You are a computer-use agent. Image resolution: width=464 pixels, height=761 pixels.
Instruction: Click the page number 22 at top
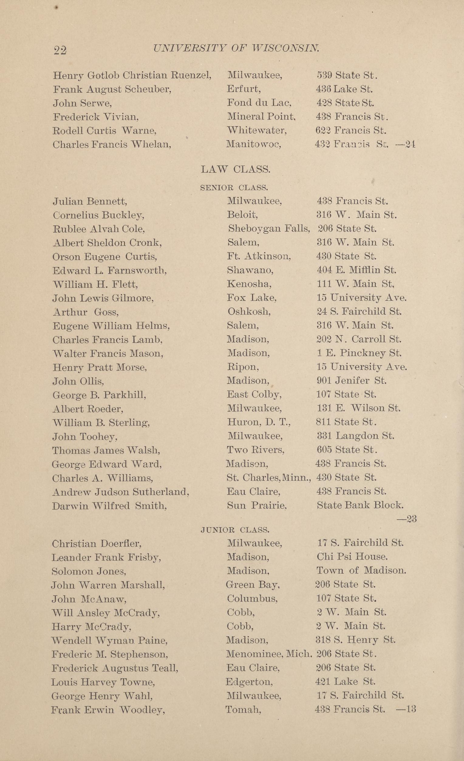pos(60,50)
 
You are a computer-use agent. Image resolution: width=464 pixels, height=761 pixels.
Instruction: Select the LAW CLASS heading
pos(235,169)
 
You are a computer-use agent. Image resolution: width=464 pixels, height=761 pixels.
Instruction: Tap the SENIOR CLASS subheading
pos(234,187)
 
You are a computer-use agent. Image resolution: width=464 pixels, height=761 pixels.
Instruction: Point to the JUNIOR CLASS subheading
pos(235,530)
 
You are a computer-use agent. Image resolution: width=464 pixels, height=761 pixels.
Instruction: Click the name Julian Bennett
pos(90,201)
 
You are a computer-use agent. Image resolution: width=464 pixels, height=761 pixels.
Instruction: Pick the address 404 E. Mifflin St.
pos(356,270)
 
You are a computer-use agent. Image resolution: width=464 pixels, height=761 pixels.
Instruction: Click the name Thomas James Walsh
pos(106,450)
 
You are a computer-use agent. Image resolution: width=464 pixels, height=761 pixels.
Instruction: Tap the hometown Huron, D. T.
pos(259,422)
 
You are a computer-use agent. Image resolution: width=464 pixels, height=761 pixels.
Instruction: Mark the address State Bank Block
pos(360,505)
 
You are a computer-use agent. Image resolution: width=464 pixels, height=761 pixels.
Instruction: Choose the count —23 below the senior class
pos(407,519)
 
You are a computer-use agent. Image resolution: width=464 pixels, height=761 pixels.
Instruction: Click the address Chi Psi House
pos(352,556)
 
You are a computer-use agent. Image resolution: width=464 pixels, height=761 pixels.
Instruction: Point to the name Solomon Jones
pos(89,571)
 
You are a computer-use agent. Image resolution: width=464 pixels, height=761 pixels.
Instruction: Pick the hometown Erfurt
pos(244,89)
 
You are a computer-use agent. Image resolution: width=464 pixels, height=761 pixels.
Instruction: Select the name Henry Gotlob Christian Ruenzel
pos(132,75)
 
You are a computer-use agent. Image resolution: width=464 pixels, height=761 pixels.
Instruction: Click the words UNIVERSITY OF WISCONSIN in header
pos(236,48)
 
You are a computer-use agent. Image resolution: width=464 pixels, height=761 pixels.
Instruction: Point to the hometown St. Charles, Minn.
pos(269,478)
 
